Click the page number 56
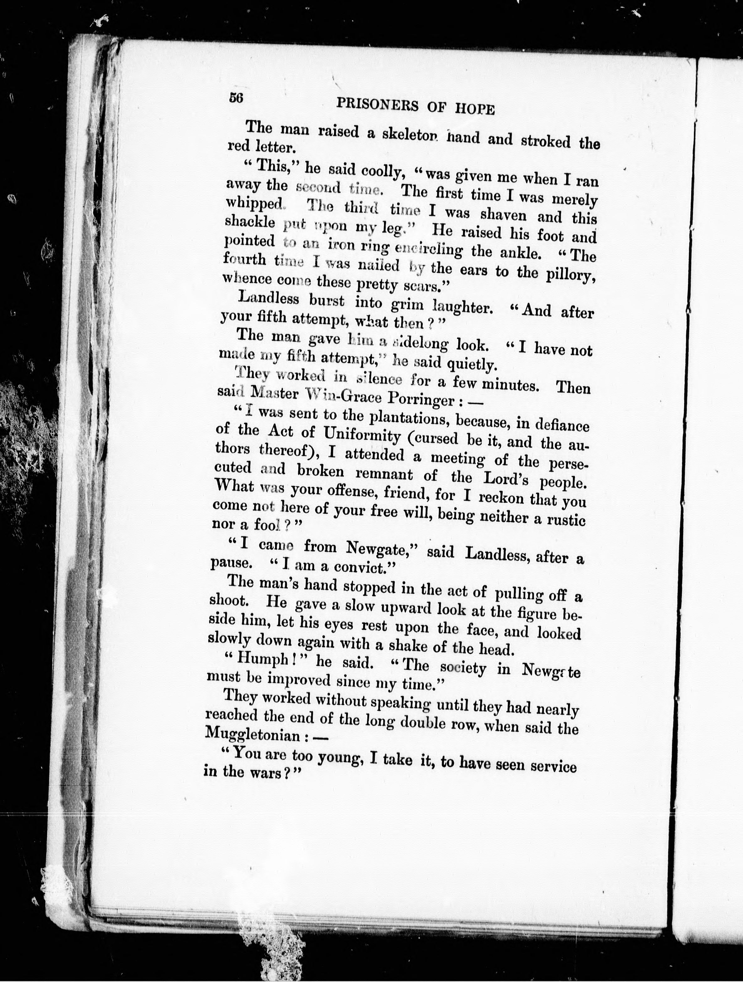(x=236, y=98)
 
